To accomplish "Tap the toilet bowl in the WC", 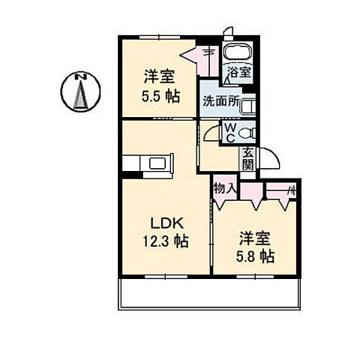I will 250,133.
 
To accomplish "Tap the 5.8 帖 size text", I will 256,256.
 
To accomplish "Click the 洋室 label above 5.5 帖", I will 159,77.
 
